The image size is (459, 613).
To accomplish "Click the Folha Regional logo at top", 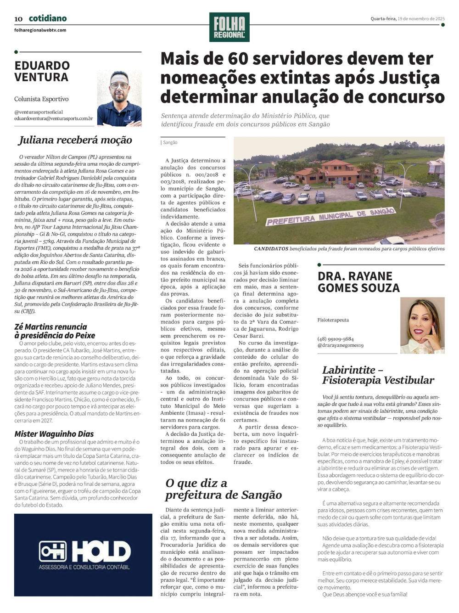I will [x=229, y=27].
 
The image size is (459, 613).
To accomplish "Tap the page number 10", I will [x=18, y=19].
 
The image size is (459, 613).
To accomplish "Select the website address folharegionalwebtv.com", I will [x=40, y=30].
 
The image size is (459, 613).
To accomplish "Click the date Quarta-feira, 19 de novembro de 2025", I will [x=407, y=19].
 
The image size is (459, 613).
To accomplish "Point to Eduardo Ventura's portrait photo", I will [x=119, y=98].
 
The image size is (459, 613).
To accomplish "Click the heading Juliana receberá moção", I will [x=75, y=140].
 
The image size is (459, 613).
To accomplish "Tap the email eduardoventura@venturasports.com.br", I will [x=53, y=118].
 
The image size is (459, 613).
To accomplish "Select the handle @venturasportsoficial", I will [x=39, y=112].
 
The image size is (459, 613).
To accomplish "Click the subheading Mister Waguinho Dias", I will [x=54, y=434].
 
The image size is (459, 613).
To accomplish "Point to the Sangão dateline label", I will [x=170, y=143].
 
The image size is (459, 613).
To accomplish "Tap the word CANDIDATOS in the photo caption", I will [x=271, y=249].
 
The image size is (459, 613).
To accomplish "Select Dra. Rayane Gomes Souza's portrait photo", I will [x=422, y=325].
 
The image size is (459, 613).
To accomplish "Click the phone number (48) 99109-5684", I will [x=336, y=339].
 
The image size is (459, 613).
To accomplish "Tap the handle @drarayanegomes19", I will [x=340, y=345].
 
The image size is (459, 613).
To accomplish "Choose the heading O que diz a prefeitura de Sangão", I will [x=224, y=489].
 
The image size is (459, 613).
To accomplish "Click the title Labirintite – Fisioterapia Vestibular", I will [x=378, y=375].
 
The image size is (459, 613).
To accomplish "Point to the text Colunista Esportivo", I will [x=41, y=99].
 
